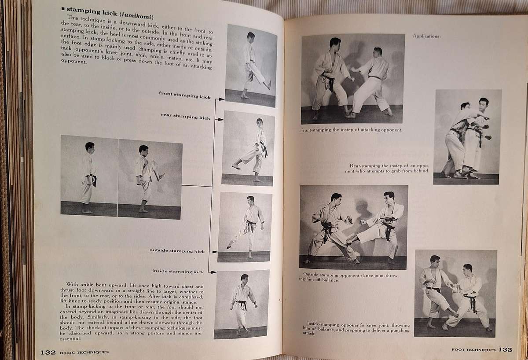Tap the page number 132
[48, 352]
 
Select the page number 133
[505, 349]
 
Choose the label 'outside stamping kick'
[177, 251]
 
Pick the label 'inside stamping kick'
[178, 271]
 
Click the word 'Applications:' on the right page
[426, 37]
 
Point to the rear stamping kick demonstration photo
[249, 148]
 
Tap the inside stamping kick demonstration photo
[241, 304]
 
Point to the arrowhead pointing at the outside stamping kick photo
[214, 252]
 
